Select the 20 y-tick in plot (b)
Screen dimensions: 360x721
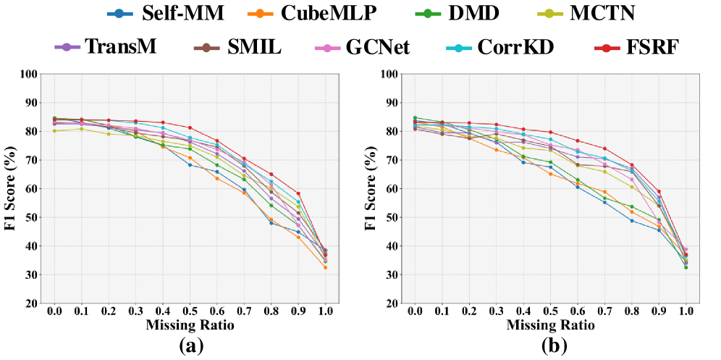[392, 304]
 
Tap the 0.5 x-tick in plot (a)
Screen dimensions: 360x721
[190, 312]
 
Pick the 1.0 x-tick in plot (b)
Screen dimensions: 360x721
[686, 312]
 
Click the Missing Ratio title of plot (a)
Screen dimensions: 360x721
[190, 326]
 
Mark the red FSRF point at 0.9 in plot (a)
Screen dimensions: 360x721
[298, 193]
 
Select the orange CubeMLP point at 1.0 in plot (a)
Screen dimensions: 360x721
[325, 268]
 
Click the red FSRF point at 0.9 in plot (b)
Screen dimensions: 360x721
[658, 191]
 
